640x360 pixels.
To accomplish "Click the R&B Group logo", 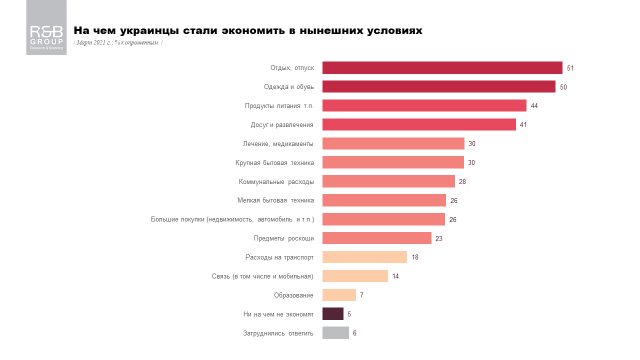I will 46,27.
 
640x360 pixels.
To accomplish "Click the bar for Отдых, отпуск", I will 442,68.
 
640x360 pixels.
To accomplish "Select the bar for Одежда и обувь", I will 438,86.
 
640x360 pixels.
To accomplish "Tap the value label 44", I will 534,106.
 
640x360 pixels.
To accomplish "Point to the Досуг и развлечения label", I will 282,125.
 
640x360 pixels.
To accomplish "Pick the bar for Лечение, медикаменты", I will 393,143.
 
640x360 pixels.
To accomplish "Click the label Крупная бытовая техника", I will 274,162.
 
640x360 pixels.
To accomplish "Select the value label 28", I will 462,181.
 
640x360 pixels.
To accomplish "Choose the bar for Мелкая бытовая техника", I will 384,200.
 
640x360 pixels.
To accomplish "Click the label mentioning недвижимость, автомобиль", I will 232,219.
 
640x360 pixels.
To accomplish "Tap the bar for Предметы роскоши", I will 376,238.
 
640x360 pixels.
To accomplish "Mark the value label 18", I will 415,257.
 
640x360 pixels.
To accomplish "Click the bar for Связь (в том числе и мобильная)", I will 355,276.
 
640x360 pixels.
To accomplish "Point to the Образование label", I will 293,295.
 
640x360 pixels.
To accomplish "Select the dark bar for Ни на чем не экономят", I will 332,314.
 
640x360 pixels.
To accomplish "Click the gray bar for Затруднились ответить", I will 335,333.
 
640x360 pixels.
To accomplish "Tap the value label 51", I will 570,68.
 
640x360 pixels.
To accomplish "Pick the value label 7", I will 361,295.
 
